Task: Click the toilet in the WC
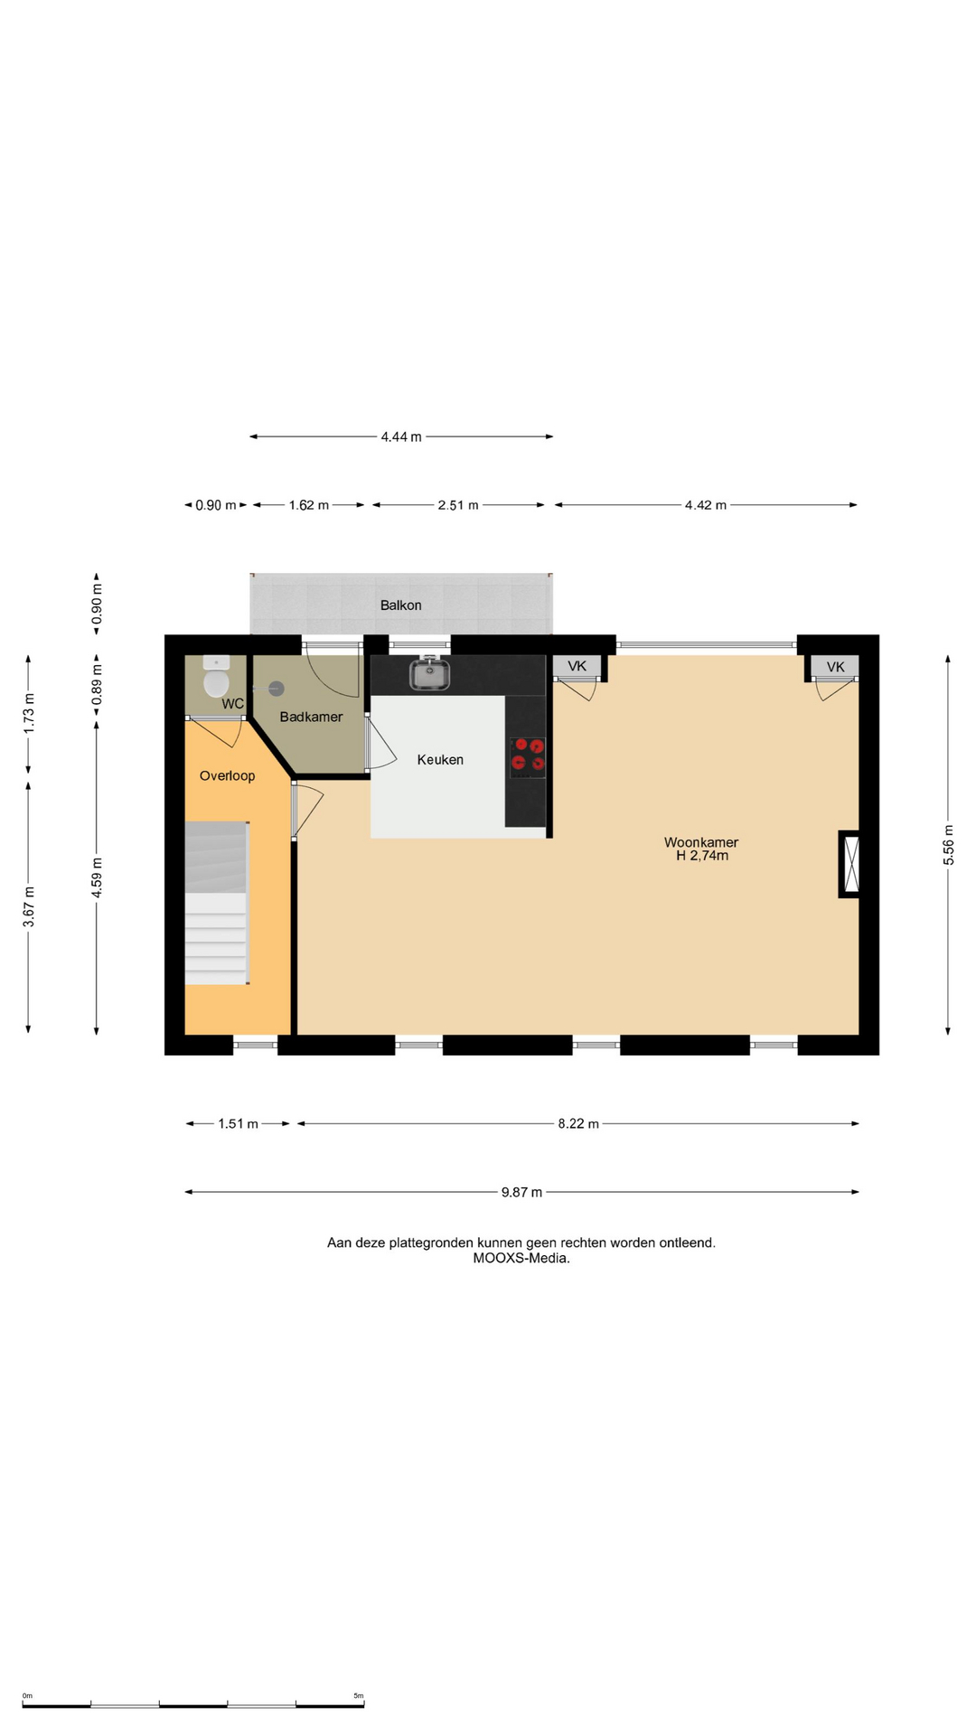[216, 677]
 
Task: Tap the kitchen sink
[430, 673]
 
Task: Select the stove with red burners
[528, 757]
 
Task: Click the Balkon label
[400, 605]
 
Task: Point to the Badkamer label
[311, 717]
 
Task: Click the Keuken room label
[440, 760]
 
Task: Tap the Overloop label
[227, 775]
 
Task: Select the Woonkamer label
[701, 842]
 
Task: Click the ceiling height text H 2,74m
[702, 856]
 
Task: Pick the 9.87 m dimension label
[522, 1192]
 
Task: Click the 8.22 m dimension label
[578, 1124]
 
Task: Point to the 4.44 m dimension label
[401, 436]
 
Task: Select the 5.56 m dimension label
[948, 845]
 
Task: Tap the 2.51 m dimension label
[458, 505]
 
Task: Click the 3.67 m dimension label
[29, 906]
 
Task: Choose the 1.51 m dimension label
[238, 1124]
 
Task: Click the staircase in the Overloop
[217, 903]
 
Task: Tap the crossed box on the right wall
[850, 864]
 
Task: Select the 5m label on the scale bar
[358, 1696]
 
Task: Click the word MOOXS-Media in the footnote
[521, 1258]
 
